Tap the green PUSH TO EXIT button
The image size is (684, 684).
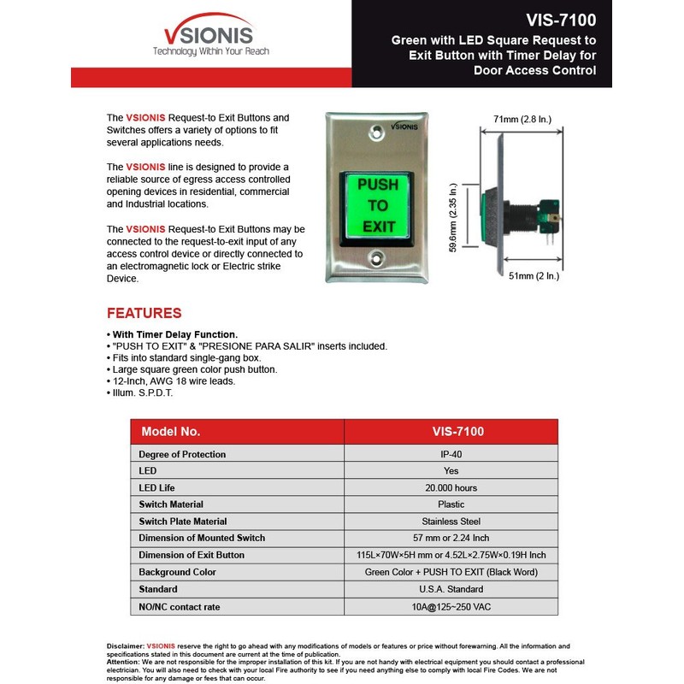tap(377, 205)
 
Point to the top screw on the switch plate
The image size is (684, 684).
tap(377, 133)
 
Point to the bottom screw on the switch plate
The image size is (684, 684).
tap(377, 257)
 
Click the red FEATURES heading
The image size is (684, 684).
tap(144, 313)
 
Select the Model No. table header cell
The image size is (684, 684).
tap(171, 432)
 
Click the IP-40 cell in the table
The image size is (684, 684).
tap(451, 454)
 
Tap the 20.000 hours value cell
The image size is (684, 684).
tap(451, 487)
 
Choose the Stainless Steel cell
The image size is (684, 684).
tap(451, 521)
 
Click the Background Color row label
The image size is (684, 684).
tap(178, 572)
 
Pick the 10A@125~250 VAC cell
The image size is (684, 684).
tap(451, 605)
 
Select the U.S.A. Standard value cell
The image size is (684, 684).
tap(451, 589)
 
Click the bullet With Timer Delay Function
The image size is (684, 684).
tap(174, 334)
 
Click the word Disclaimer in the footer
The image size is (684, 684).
tap(125, 646)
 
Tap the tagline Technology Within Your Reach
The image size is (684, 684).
tap(210, 51)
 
